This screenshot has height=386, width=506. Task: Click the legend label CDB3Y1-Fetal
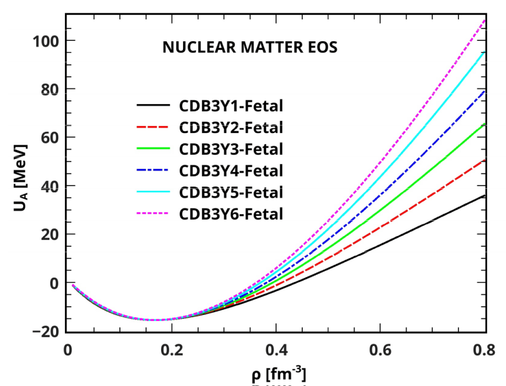point(231,105)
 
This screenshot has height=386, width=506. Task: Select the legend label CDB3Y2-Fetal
point(231,127)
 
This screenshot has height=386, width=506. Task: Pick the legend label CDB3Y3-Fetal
point(231,149)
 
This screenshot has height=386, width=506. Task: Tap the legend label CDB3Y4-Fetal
point(231,171)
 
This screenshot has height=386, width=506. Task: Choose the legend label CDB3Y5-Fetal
point(231,192)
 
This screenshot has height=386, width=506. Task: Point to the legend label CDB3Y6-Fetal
point(231,214)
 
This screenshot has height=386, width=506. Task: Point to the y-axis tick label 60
point(47,138)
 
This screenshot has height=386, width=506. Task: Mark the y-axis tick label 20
point(47,234)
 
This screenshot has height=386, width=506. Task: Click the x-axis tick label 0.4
point(276,350)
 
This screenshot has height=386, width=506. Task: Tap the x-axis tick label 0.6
point(380,350)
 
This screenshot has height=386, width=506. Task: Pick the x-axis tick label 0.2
point(171,350)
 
